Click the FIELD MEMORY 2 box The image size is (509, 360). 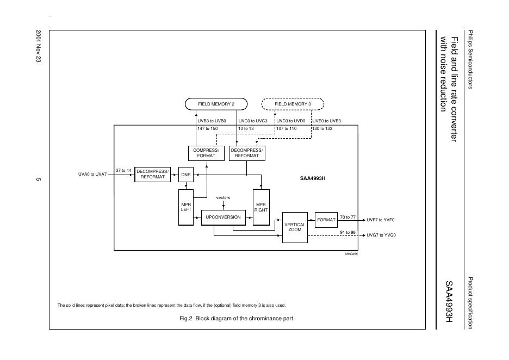click(x=216, y=104)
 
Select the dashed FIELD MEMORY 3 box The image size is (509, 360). click(x=293, y=104)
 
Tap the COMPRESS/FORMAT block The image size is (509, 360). click(x=206, y=153)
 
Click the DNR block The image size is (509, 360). click(x=186, y=175)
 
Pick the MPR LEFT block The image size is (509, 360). click(x=186, y=207)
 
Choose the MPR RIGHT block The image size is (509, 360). click(x=261, y=207)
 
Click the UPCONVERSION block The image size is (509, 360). click(x=223, y=217)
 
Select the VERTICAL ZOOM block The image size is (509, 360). click(x=295, y=227)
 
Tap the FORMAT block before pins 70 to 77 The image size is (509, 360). click(x=326, y=220)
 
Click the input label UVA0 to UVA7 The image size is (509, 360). click(x=93, y=175)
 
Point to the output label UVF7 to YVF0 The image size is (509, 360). click(x=381, y=220)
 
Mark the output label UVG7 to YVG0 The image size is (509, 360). click(x=381, y=235)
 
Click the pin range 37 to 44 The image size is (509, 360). click(x=123, y=170)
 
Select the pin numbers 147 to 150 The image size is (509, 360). click(x=207, y=129)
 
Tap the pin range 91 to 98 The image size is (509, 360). click(x=347, y=232)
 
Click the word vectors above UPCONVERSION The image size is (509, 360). click(x=223, y=197)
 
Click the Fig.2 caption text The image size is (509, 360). click(x=237, y=318)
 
